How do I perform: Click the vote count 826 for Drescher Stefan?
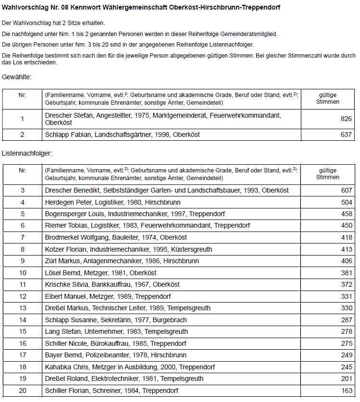346,119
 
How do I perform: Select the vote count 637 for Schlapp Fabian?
346,134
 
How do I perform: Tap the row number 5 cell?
22,214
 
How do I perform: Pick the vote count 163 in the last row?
346,390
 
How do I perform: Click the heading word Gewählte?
17,77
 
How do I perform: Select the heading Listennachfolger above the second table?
26,154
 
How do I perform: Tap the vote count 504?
346,202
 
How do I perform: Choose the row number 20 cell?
22,390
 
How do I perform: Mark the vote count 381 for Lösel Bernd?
346,272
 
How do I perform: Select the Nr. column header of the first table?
22,95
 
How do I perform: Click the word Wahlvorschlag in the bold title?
24,8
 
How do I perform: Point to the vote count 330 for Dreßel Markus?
346,308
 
